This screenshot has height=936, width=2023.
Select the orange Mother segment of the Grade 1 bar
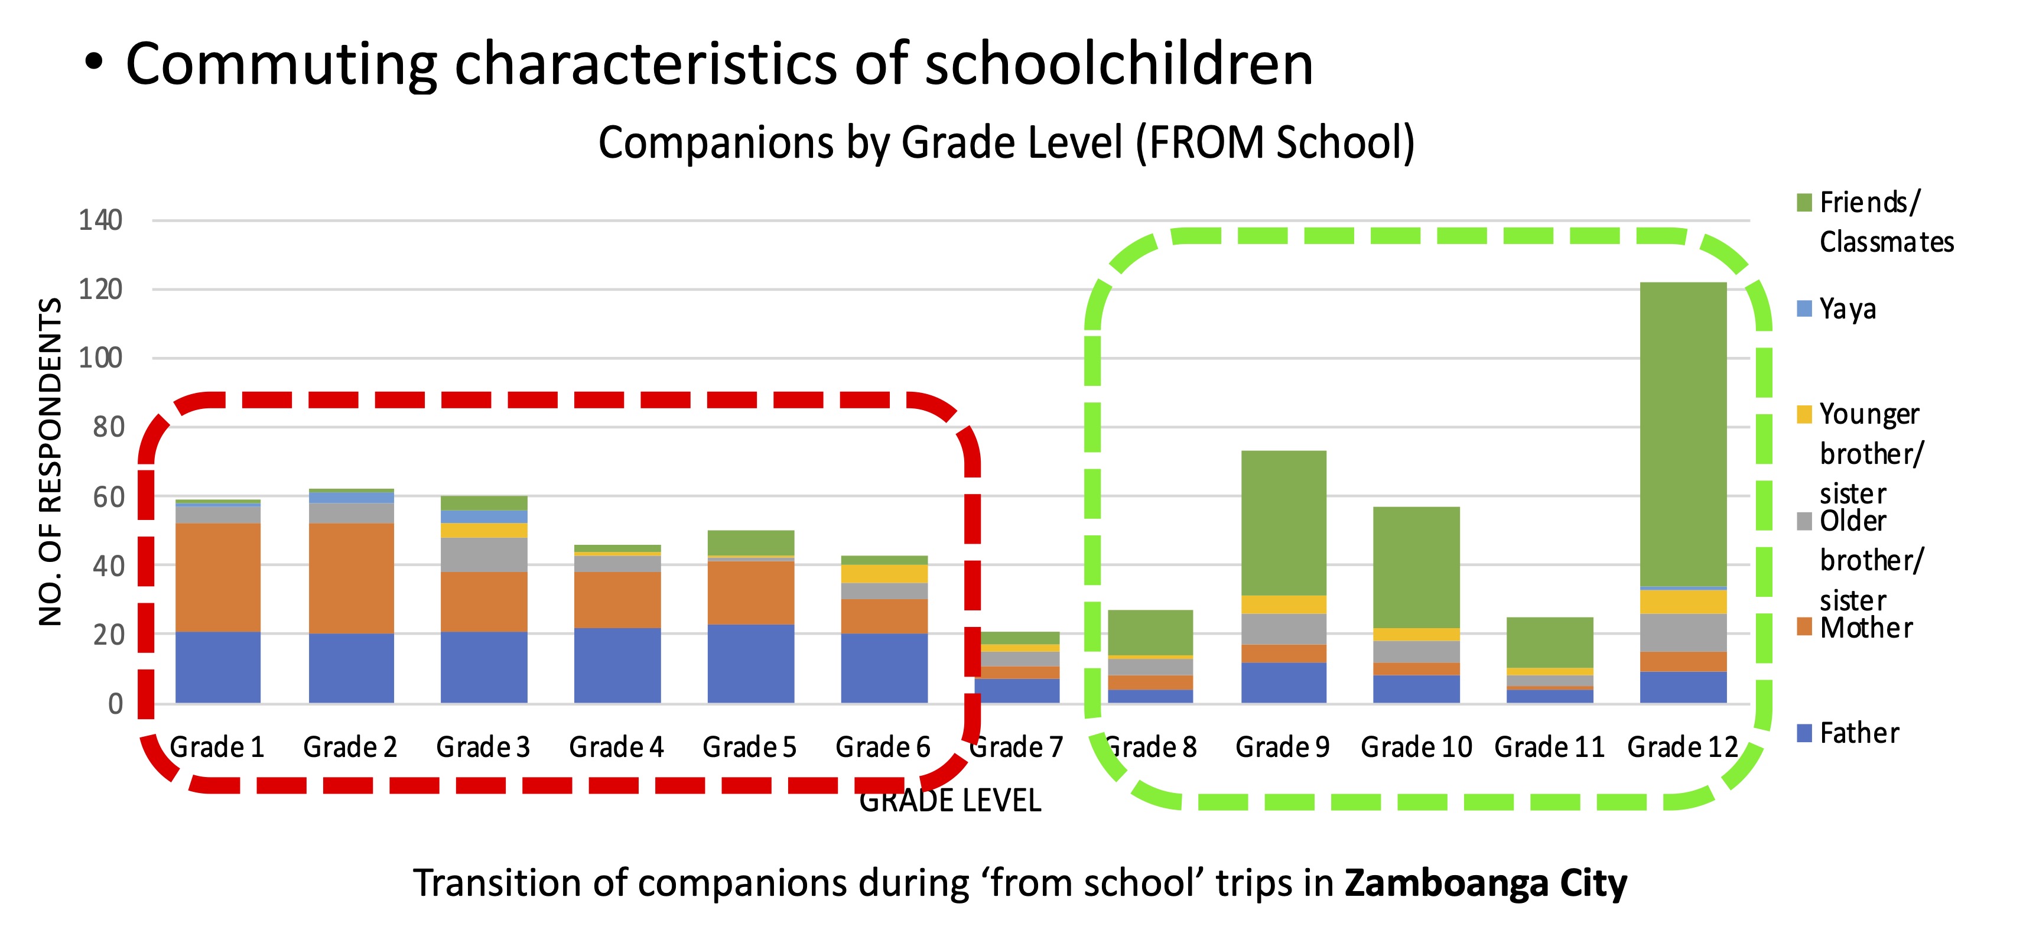coord(217,577)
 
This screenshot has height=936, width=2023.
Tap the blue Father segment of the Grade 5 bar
coord(751,664)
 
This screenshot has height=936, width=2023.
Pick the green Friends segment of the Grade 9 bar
coord(1283,522)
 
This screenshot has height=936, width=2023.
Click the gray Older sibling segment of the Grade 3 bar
coord(484,554)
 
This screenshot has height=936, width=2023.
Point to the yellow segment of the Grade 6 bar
coord(884,573)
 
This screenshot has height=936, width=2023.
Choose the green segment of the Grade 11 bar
coord(1549,642)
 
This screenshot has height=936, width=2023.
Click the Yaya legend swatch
coord(1804,308)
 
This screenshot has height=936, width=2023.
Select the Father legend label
coord(1859,733)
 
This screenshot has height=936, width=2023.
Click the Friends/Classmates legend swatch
coord(1804,203)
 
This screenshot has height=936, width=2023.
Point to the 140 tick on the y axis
coord(100,220)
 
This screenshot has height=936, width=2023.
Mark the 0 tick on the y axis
coord(115,704)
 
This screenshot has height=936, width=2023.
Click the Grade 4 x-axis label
coord(616,747)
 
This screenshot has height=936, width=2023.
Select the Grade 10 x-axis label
coord(1416,747)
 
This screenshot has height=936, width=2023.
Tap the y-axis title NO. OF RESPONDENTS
coord(50,461)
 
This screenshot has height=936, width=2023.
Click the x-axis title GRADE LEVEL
coord(950,801)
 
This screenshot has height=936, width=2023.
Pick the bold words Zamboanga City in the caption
coord(1486,883)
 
